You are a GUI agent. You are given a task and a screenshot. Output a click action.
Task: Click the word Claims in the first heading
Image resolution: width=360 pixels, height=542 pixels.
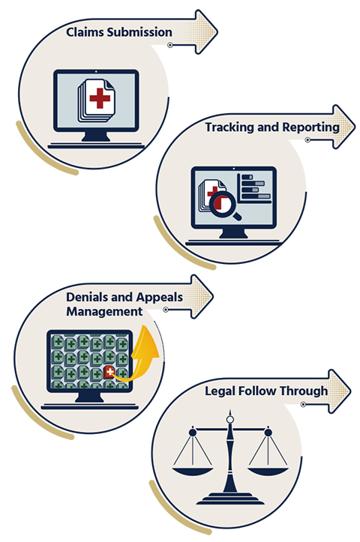pyautogui.click(x=85, y=32)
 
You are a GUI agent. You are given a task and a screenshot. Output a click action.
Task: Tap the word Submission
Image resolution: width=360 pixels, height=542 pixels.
pyautogui.click(x=139, y=32)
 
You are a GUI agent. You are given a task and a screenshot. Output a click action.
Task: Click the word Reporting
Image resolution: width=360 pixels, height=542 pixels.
pyautogui.click(x=310, y=127)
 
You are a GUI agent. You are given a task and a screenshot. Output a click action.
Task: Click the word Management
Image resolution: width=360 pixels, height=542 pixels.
pyautogui.click(x=104, y=311)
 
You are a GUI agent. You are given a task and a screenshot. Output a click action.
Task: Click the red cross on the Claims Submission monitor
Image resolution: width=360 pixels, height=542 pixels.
pyautogui.click(x=100, y=98)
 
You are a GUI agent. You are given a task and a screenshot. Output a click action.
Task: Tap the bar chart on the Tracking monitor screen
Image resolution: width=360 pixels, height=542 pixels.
pyautogui.click(x=254, y=187)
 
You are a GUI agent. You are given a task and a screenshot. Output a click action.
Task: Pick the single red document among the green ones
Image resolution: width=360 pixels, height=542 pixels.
pyautogui.click(x=109, y=372)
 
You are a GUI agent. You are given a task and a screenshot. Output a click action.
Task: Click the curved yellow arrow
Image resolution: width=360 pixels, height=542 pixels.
pyautogui.click(x=142, y=356)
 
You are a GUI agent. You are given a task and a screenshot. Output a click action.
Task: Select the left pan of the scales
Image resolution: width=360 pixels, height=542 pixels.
pyautogui.click(x=193, y=471)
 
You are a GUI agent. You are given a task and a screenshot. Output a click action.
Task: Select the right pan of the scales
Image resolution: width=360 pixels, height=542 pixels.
pyautogui.click(x=268, y=471)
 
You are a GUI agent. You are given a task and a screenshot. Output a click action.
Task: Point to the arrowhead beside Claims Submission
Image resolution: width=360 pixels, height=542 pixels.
pyautogui.click(x=206, y=31)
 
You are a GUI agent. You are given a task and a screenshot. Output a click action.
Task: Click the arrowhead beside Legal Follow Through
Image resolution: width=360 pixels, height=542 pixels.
pyautogui.click(x=339, y=391)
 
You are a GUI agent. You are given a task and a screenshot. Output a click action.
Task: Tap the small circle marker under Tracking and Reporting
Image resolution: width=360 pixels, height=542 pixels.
pyautogui.click(x=307, y=140)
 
